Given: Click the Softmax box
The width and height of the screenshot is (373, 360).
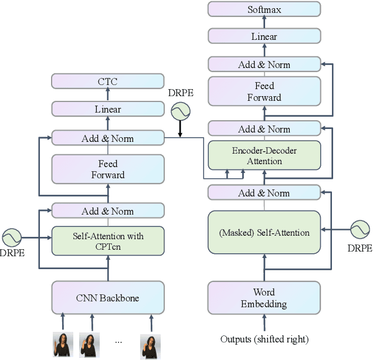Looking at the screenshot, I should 264,9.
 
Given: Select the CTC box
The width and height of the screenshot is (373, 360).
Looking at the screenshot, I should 108,81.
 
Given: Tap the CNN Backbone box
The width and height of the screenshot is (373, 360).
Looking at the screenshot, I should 108,298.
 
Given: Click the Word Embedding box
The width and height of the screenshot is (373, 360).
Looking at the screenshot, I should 264,298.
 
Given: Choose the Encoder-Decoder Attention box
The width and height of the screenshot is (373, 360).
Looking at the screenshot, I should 264,155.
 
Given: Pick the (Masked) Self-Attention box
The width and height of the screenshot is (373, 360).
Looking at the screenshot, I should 264,232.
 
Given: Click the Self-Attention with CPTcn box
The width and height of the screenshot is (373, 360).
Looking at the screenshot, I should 108,240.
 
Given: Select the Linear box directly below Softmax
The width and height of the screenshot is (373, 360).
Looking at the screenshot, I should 264,36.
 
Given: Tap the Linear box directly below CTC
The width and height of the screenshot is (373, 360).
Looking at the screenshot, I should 108,109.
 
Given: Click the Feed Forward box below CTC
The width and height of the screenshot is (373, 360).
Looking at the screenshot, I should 108,169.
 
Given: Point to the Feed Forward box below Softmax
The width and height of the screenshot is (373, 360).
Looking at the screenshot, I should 264,92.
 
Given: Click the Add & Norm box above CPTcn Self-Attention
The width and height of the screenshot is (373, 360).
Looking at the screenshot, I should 108,211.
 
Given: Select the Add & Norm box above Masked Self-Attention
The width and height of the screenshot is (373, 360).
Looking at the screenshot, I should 264,192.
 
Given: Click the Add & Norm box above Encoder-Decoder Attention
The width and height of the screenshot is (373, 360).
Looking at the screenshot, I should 264,129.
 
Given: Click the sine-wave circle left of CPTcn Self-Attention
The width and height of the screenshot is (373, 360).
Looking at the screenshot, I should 12,237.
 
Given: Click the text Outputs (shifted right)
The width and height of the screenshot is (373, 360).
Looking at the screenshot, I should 264,339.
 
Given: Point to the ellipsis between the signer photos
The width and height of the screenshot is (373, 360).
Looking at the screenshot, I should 119,341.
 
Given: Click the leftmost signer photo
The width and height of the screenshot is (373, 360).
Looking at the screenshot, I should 63,345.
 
